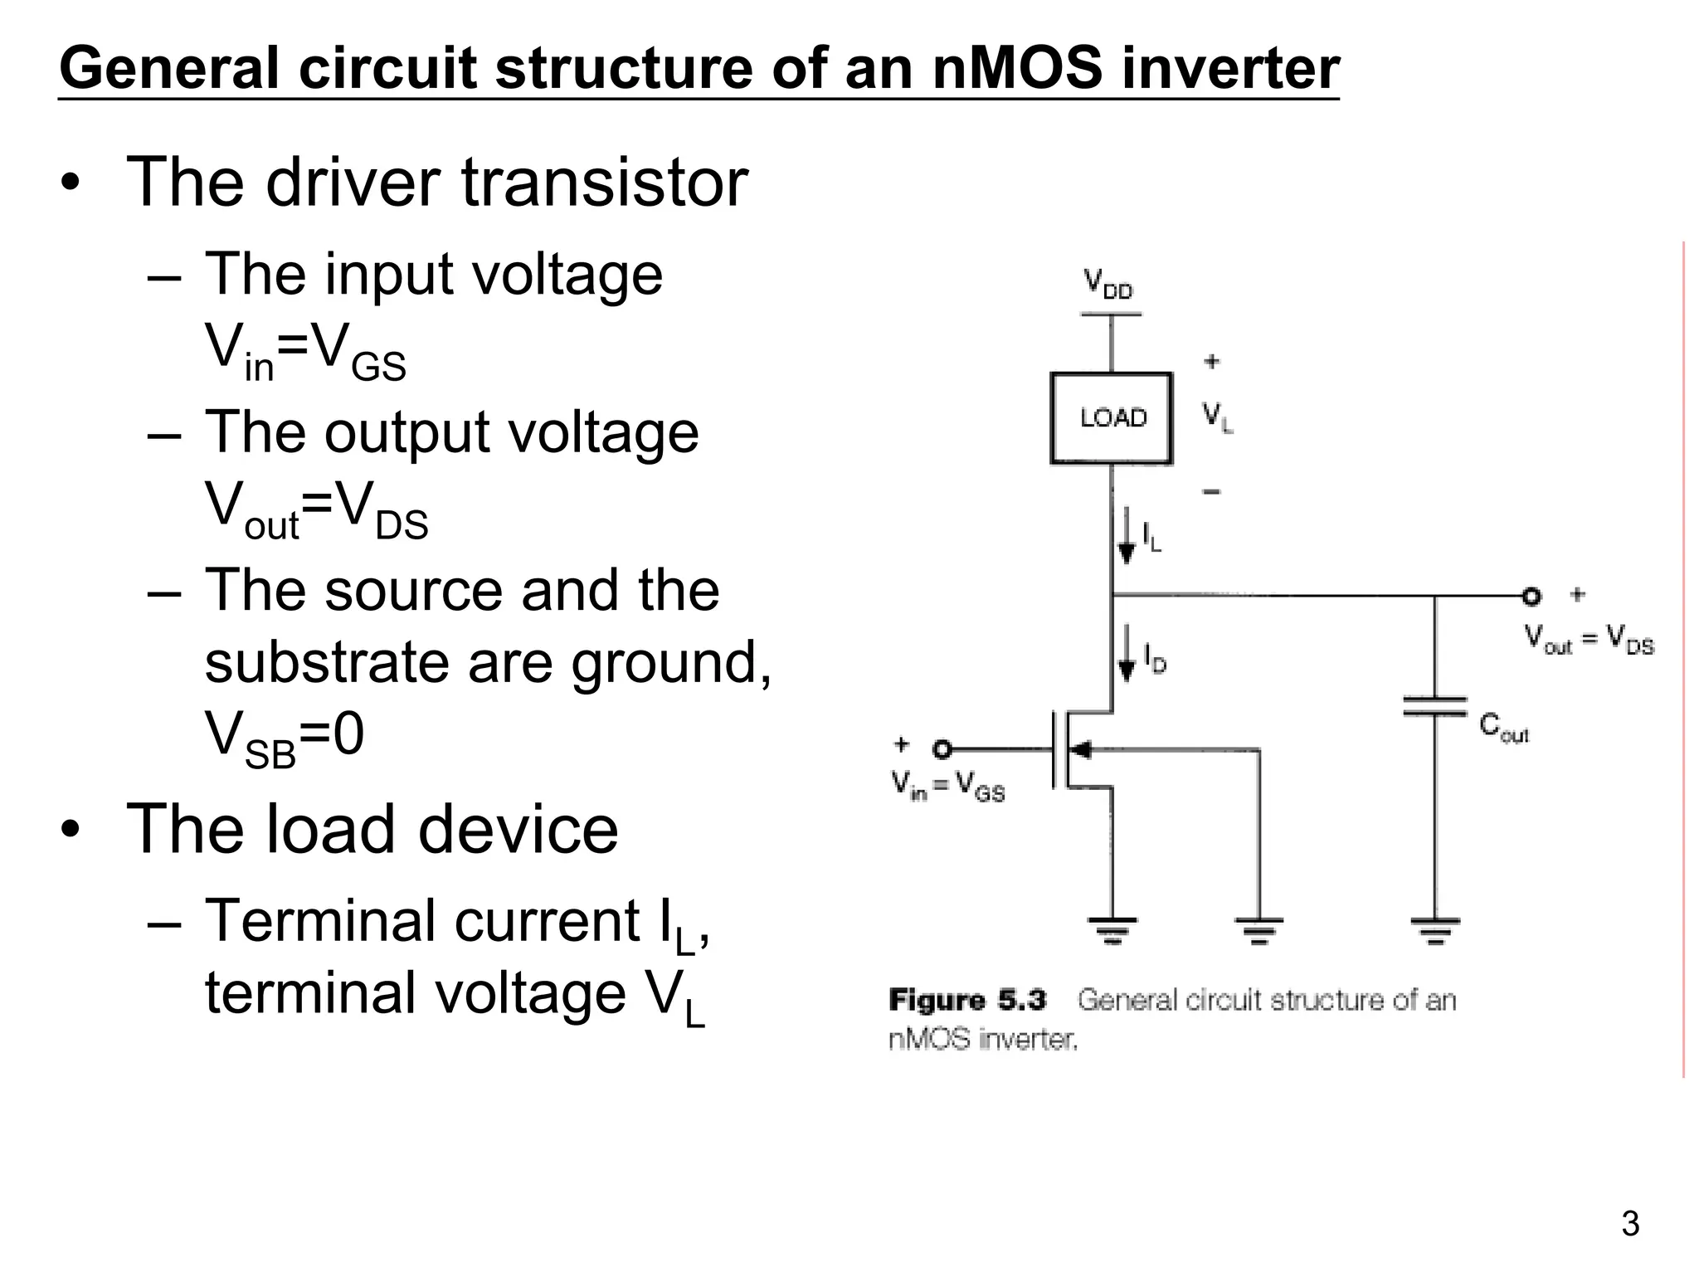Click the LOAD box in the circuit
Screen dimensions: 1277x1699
[1111, 417]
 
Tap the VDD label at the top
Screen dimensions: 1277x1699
[1108, 284]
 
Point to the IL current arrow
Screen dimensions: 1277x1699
[1126, 535]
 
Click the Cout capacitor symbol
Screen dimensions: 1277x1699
[1434, 706]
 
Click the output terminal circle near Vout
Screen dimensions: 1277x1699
[1531, 596]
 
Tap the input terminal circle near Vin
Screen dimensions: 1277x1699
[942, 749]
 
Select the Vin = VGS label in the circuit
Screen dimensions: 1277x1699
[948, 785]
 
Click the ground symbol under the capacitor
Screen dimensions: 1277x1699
[1434, 930]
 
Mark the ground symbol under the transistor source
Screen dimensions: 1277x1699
[1112, 930]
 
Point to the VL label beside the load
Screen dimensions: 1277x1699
[1217, 417]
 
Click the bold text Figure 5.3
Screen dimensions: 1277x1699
[967, 1000]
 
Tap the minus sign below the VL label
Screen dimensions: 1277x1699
[1211, 492]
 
